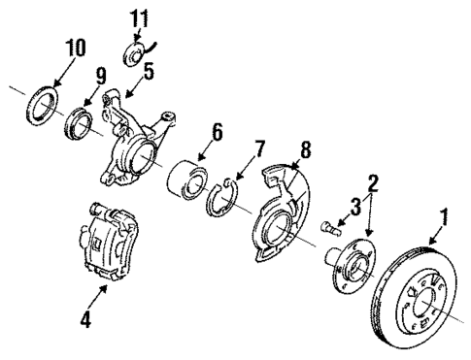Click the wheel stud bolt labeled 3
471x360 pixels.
327,228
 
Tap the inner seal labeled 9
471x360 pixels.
81,124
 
